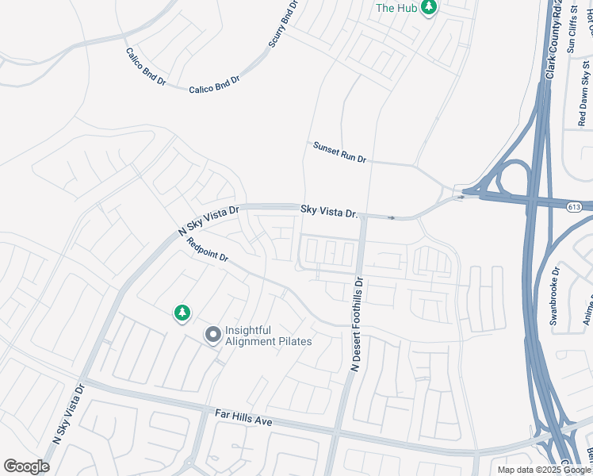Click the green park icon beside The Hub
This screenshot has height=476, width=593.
pos(429,8)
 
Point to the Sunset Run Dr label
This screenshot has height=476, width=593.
pos(339,152)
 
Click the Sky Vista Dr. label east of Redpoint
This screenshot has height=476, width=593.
pos(329,212)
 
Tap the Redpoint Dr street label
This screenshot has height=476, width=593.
pos(208,251)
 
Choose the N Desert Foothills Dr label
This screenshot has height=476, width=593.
pos(357,324)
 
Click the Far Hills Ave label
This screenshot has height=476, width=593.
pos(243,418)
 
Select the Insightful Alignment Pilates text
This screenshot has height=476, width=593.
pos(268,336)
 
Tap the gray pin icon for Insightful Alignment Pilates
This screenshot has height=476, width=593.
pos(212,336)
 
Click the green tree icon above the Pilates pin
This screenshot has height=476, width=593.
pos(182,313)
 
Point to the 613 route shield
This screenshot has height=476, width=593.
pos(575,207)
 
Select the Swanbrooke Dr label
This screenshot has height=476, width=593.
pos(554,295)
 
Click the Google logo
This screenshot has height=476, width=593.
pos(26,466)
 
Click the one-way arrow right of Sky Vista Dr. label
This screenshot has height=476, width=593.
pos(391,217)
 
